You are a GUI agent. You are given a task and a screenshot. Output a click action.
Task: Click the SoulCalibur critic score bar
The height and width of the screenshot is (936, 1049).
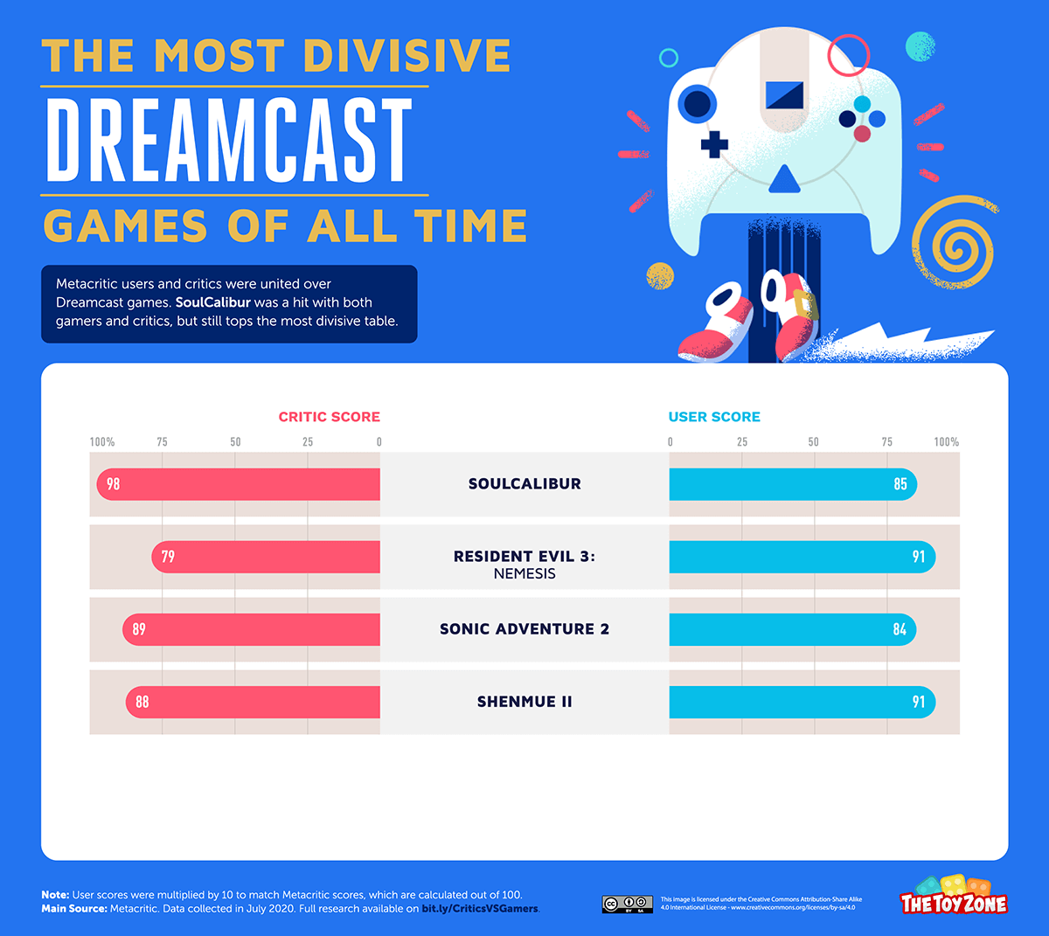238,484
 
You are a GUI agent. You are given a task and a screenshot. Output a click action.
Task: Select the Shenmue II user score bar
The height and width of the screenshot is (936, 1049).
802,702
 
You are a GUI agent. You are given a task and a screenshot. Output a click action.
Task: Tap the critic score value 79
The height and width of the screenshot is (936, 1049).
168,557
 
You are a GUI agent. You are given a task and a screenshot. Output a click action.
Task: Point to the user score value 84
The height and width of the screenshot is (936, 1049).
900,629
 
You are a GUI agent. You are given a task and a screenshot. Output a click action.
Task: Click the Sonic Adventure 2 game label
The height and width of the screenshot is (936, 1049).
524,629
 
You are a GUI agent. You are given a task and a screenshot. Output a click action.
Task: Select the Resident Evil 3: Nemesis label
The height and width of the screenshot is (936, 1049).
524,564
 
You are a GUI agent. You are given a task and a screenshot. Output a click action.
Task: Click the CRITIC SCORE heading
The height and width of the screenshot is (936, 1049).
330,417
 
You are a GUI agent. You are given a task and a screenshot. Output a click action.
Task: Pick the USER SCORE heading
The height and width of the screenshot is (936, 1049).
714,417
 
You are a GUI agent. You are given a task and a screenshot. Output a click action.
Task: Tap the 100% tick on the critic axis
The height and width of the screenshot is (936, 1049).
102,442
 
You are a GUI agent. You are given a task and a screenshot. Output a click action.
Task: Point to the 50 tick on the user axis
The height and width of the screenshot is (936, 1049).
814,442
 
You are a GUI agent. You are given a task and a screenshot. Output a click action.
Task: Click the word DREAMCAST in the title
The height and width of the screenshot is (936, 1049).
229,141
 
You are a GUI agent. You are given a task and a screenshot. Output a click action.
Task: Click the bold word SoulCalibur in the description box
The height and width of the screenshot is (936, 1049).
213,302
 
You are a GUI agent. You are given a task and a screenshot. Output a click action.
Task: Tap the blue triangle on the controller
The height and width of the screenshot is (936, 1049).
784,180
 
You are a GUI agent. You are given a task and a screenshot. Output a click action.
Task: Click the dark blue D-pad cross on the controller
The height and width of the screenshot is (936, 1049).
714,144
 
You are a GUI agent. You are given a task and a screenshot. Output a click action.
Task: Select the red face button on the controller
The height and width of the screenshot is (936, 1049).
862,134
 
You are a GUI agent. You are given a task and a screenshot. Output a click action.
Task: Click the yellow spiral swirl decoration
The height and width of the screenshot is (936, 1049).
954,243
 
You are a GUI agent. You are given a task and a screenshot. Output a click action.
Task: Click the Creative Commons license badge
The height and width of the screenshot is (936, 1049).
628,904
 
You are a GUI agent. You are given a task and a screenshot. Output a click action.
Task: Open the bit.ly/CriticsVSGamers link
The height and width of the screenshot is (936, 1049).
480,909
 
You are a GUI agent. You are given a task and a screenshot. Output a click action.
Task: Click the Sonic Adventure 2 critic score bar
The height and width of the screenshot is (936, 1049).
252,629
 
